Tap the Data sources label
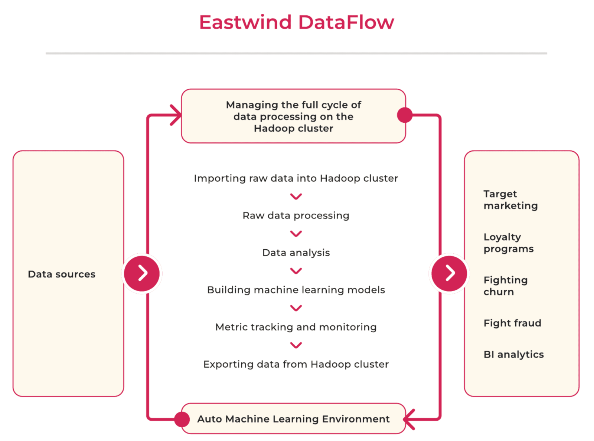point(62,274)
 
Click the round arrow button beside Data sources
point(142,273)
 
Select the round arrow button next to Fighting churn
point(449,273)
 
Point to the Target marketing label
point(510,200)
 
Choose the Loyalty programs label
point(508,243)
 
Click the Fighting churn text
point(505,286)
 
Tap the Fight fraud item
point(512,323)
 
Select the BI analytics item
point(514,354)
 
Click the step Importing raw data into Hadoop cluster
point(296,178)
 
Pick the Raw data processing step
point(296,215)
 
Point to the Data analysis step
point(296,253)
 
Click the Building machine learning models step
point(296,290)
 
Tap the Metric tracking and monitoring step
point(296,327)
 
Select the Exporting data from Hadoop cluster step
point(296,364)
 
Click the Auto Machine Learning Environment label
point(294,419)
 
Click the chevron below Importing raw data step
point(296,197)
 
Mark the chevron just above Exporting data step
point(296,345)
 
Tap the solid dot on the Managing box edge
point(405,115)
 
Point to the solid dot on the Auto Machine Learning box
point(182,419)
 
